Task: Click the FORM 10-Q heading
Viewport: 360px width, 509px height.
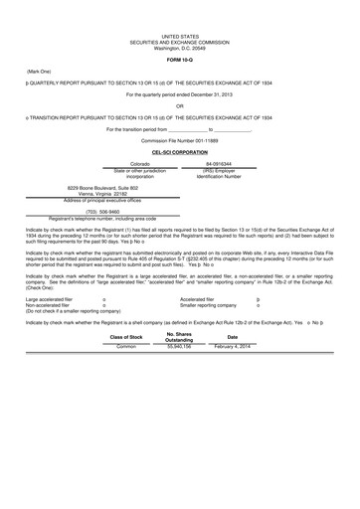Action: pyautogui.click(x=180, y=58)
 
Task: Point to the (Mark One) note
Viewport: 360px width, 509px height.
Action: pyautogui.click(x=41, y=72)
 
